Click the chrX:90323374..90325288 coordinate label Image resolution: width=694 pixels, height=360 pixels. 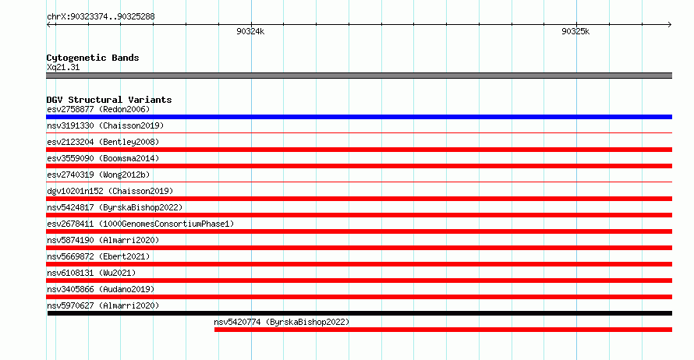(x=101, y=17)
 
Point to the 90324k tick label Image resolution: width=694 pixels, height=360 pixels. (x=250, y=31)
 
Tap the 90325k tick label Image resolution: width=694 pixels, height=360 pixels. (x=575, y=31)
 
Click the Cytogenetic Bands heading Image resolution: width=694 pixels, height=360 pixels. (x=93, y=58)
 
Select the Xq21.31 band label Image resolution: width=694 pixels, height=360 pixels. (x=63, y=67)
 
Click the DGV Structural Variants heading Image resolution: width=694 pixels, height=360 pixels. (x=109, y=100)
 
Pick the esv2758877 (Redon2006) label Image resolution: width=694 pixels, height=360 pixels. (x=98, y=109)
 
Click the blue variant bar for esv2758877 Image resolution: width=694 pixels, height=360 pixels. (x=359, y=117)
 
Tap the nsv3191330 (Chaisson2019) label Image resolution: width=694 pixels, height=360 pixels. (x=105, y=125)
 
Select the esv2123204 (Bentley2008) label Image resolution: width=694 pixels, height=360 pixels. (x=103, y=142)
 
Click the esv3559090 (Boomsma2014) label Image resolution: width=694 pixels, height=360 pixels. (x=103, y=158)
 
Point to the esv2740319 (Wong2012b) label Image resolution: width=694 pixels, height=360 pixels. (x=98, y=175)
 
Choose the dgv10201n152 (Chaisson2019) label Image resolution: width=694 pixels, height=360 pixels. (x=110, y=191)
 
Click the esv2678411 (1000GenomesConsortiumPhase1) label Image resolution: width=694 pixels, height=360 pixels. (x=140, y=224)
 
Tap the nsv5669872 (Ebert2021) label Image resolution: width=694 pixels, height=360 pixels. (x=98, y=256)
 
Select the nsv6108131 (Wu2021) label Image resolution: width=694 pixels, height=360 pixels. (x=91, y=273)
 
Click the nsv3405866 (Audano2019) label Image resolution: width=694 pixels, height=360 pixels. (x=101, y=289)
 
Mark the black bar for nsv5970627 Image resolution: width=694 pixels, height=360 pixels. (x=359, y=313)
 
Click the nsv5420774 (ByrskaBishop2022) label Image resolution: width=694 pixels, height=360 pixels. (x=281, y=322)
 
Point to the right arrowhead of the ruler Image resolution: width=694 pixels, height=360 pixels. (x=670, y=25)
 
